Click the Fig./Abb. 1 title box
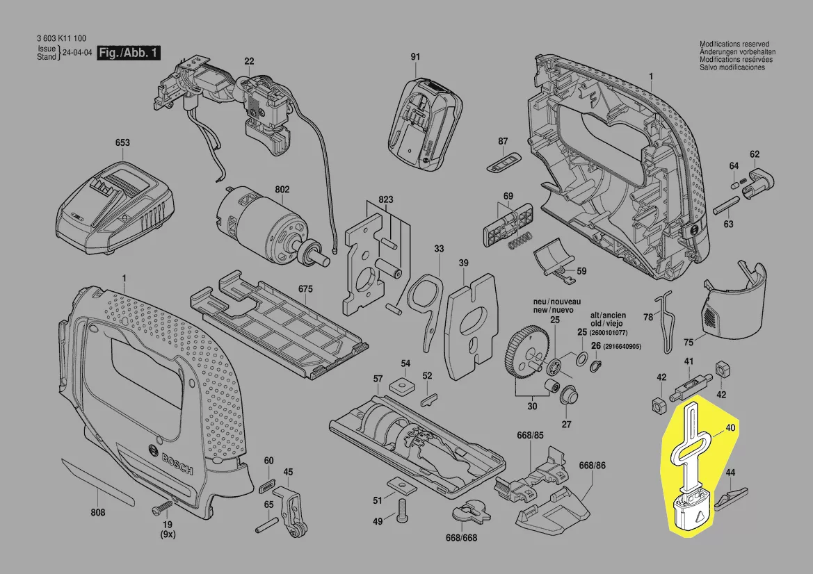point(129,54)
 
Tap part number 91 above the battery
point(415,56)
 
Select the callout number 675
point(306,288)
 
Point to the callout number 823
point(386,200)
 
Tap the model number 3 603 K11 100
point(61,38)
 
